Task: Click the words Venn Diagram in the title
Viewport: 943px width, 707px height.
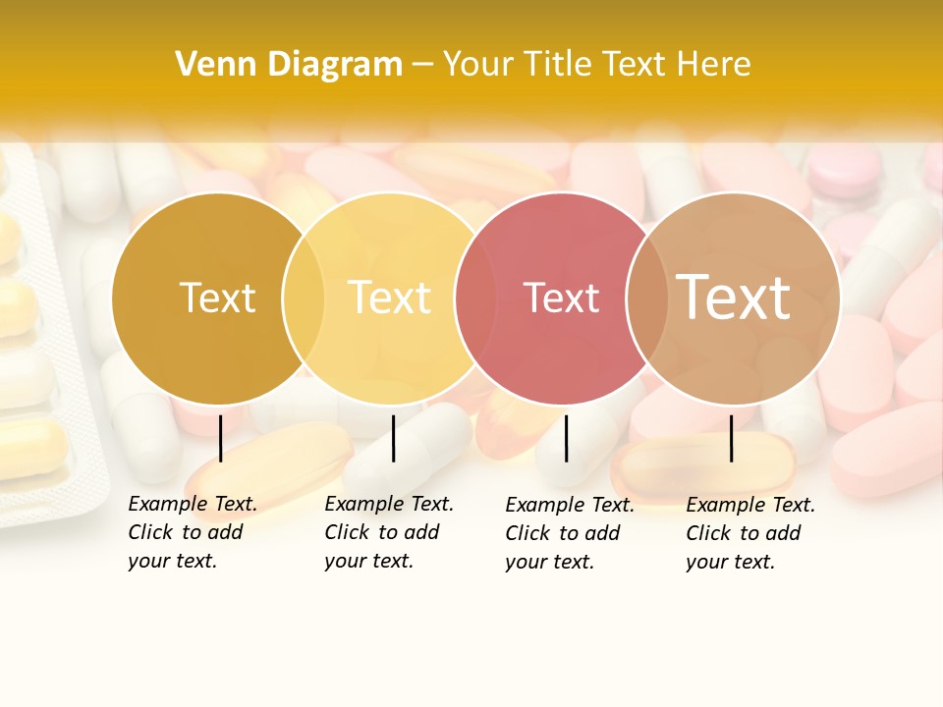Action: click(x=289, y=64)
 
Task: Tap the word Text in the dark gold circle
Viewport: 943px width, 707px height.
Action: click(x=217, y=298)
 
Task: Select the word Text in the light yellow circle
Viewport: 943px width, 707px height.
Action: click(x=390, y=298)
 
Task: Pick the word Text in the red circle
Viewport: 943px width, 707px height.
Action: click(x=561, y=298)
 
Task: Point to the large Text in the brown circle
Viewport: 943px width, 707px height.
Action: click(x=733, y=298)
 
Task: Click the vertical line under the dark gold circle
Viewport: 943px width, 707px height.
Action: click(x=221, y=438)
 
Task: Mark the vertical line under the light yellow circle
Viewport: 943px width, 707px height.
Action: click(x=393, y=438)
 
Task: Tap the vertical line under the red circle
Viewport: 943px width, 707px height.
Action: click(x=567, y=438)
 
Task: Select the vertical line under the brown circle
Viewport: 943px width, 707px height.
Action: click(x=732, y=438)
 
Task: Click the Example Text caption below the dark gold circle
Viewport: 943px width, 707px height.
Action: click(x=192, y=532)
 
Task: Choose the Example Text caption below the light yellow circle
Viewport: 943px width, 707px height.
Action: click(x=388, y=532)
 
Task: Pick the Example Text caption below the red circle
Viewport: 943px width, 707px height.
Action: click(x=569, y=533)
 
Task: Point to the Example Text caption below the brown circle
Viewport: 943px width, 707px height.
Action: click(x=749, y=533)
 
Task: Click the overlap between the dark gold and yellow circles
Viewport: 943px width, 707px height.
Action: click(x=304, y=298)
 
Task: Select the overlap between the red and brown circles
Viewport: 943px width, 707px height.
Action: click(x=646, y=298)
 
